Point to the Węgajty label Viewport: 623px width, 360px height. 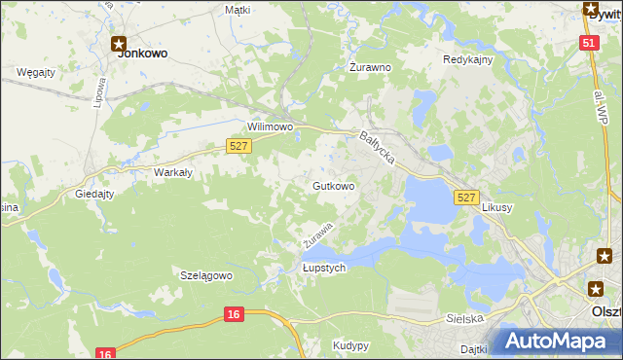pyautogui.click(x=35, y=72)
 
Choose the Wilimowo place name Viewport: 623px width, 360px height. pyautogui.click(x=271, y=127)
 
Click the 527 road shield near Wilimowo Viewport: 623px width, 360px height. pyautogui.click(x=239, y=145)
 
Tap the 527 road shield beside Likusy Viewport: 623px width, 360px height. pyautogui.click(x=466, y=198)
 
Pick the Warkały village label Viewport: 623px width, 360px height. pyautogui.click(x=173, y=172)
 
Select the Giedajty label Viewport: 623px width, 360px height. pyautogui.click(x=94, y=194)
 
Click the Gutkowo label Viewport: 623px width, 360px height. pyautogui.click(x=333, y=185)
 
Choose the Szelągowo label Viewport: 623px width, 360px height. pyautogui.click(x=206, y=275)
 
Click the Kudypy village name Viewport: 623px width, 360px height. pyautogui.click(x=350, y=345)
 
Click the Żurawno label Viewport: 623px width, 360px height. pyautogui.click(x=370, y=68)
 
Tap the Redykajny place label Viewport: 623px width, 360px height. pyautogui.click(x=468, y=59)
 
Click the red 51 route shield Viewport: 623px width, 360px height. pyautogui.click(x=588, y=43)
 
